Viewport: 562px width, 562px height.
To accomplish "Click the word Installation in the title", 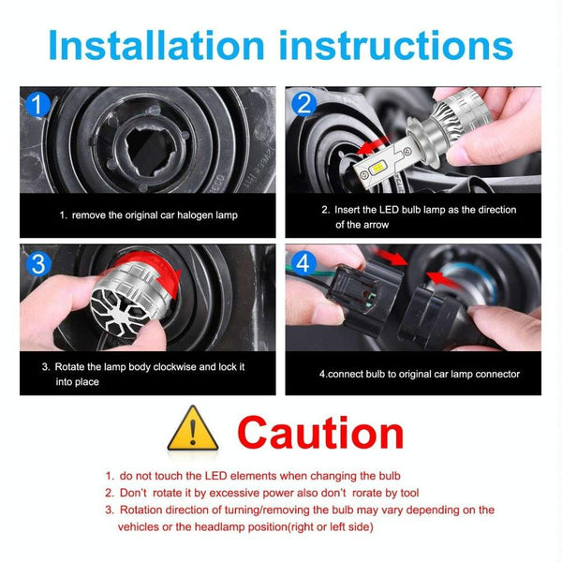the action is [156, 46].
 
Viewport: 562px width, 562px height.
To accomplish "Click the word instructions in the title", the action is [396, 46].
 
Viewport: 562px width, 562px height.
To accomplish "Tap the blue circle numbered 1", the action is [38, 104].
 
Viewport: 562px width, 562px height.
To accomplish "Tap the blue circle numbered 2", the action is [303, 104].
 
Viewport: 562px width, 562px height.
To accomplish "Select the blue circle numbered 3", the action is [38, 264].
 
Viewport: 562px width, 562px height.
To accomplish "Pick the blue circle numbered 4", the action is [303, 264].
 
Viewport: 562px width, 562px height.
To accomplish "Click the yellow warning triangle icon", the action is [193, 428].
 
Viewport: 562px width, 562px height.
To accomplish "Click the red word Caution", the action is [320, 433].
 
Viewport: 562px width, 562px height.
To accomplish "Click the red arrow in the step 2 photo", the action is [373, 145].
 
